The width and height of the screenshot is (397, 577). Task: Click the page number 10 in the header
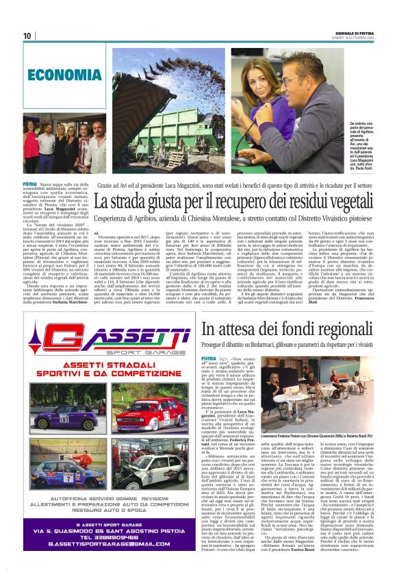(27, 36)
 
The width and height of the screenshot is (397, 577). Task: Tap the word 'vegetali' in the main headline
(357, 202)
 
